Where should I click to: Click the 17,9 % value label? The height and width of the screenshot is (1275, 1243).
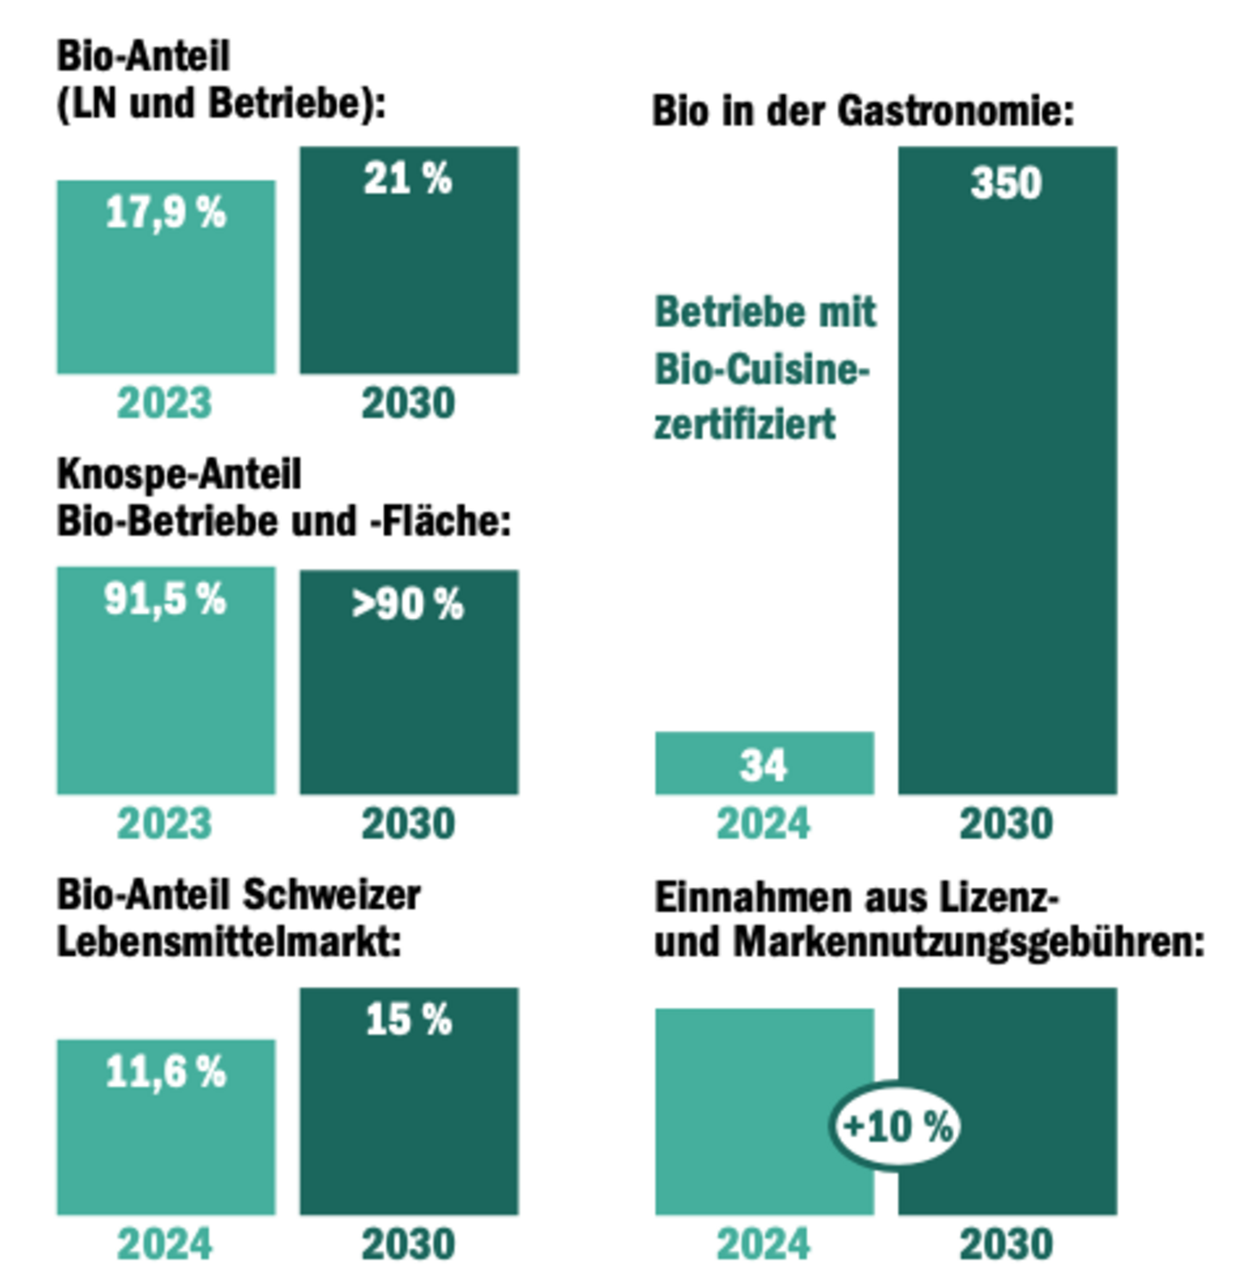point(166,213)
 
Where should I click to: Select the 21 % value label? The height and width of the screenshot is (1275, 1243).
point(408,179)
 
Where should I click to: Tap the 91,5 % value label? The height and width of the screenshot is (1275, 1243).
point(165,599)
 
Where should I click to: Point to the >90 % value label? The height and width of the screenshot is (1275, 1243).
point(408,605)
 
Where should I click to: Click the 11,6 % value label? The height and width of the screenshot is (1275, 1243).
point(166,1073)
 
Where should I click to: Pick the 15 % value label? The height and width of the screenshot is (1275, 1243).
point(408,1020)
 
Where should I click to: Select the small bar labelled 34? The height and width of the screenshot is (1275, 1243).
point(764,764)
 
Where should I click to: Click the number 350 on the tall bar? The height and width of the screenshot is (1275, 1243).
point(1006,184)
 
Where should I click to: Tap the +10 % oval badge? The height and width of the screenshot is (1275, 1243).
point(897,1127)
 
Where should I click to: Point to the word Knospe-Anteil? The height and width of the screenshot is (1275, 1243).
point(179,474)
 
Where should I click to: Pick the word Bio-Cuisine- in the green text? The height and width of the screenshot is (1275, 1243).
point(762,369)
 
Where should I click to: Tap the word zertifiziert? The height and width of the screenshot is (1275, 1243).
point(745,424)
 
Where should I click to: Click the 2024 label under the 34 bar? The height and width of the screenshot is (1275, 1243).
point(764,824)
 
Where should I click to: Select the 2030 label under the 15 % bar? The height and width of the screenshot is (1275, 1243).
point(408,1244)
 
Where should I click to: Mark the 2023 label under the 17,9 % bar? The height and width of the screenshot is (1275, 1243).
point(165,403)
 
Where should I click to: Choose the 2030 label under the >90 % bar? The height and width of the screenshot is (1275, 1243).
point(408,824)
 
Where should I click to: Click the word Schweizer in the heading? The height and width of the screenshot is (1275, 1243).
point(331,895)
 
